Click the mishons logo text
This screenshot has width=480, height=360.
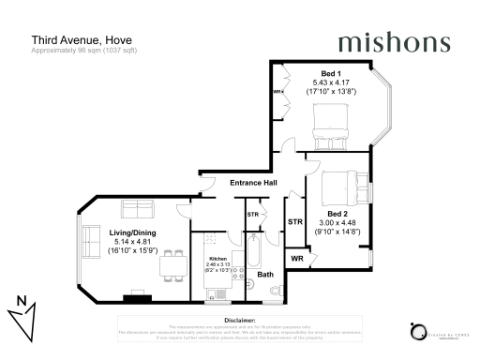(393, 42)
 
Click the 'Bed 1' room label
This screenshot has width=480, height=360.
(331, 73)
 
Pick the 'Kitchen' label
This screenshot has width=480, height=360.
(217, 258)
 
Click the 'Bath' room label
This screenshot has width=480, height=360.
(266, 275)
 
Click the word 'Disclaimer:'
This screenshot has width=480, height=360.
(240, 320)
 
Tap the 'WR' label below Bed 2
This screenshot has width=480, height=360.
(296, 258)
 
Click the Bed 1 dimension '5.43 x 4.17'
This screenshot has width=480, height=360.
(331, 82)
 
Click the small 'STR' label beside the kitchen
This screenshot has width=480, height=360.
(252, 215)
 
